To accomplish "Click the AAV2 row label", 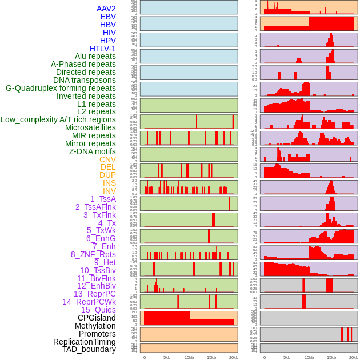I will pyautogui.click(x=106, y=9).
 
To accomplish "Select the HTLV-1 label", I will pyautogui.click(x=102, y=49).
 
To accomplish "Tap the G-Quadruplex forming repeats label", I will pyautogui.click(x=61, y=88).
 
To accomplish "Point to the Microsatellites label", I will pyautogui.click(x=90, y=127).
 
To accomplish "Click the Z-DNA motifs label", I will pyautogui.click(x=92, y=151).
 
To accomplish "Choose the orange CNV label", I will pyautogui.click(x=107, y=159).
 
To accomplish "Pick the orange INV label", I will pyautogui.click(x=109, y=191).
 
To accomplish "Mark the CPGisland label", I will pyautogui.click(x=97, y=318).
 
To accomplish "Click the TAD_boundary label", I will pyautogui.click(x=89, y=349).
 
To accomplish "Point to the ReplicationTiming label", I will pyautogui.click(x=84, y=342).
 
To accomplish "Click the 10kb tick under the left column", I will pyautogui.click(x=189, y=357).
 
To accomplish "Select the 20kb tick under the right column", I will pyautogui.click(x=354, y=357).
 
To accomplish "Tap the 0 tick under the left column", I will pyautogui.click(x=144, y=357).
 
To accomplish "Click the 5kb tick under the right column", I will pyautogui.click(x=287, y=357).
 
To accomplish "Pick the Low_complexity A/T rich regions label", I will pyautogui.click(x=58, y=119).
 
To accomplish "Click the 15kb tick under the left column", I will pyautogui.click(x=211, y=357).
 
